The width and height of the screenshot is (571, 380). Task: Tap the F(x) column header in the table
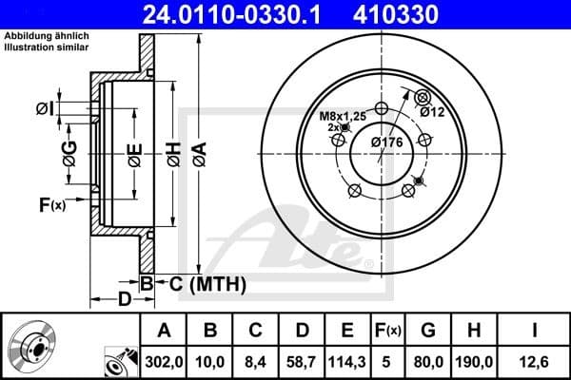(x=388, y=330)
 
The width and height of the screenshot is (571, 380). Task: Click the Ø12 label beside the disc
(x=432, y=111)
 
